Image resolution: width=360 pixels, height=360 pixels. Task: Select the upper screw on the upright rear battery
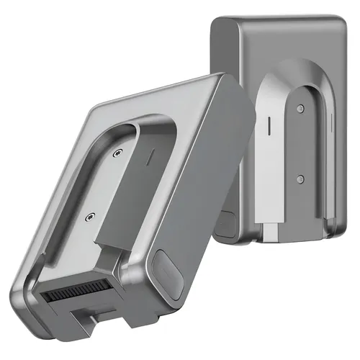[x=299, y=109]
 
